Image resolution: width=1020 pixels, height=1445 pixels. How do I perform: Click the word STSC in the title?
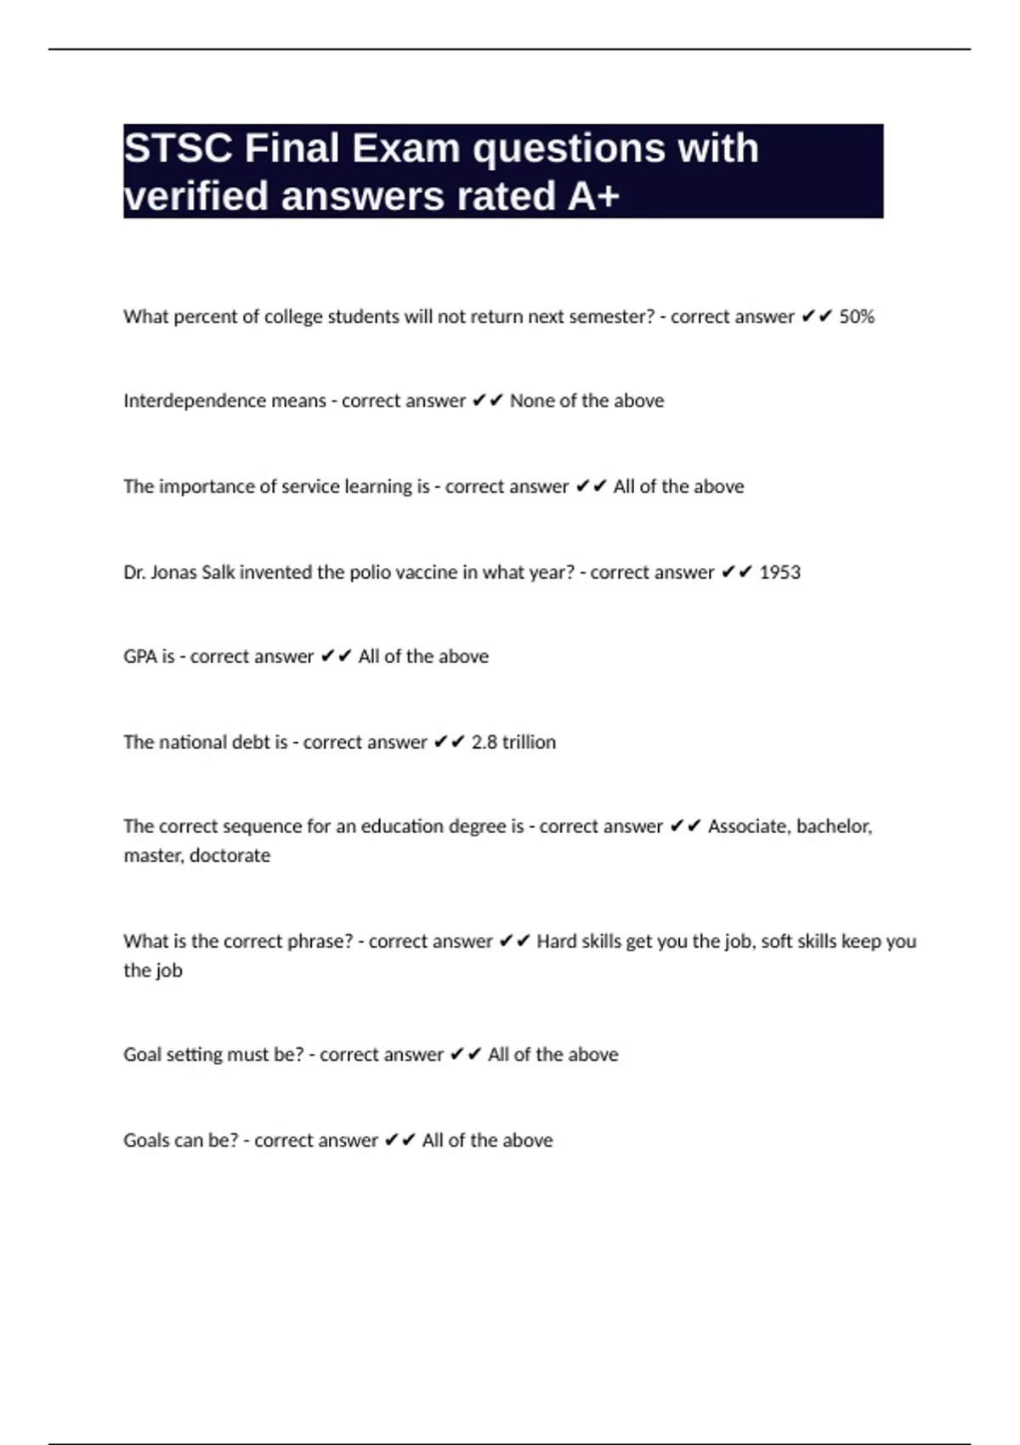coord(178,149)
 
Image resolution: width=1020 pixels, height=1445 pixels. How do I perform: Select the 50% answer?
coord(857,317)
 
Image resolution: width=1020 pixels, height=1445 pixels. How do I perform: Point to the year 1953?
coord(779,573)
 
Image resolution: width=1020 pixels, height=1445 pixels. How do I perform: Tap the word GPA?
coord(140,657)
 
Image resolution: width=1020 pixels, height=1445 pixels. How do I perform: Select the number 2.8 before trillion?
coord(484,743)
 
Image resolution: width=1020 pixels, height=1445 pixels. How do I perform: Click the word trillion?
coord(529,743)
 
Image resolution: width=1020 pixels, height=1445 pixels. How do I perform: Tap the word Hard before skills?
coord(556,942)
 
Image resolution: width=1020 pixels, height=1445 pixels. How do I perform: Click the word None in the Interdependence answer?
coord(531,401)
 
